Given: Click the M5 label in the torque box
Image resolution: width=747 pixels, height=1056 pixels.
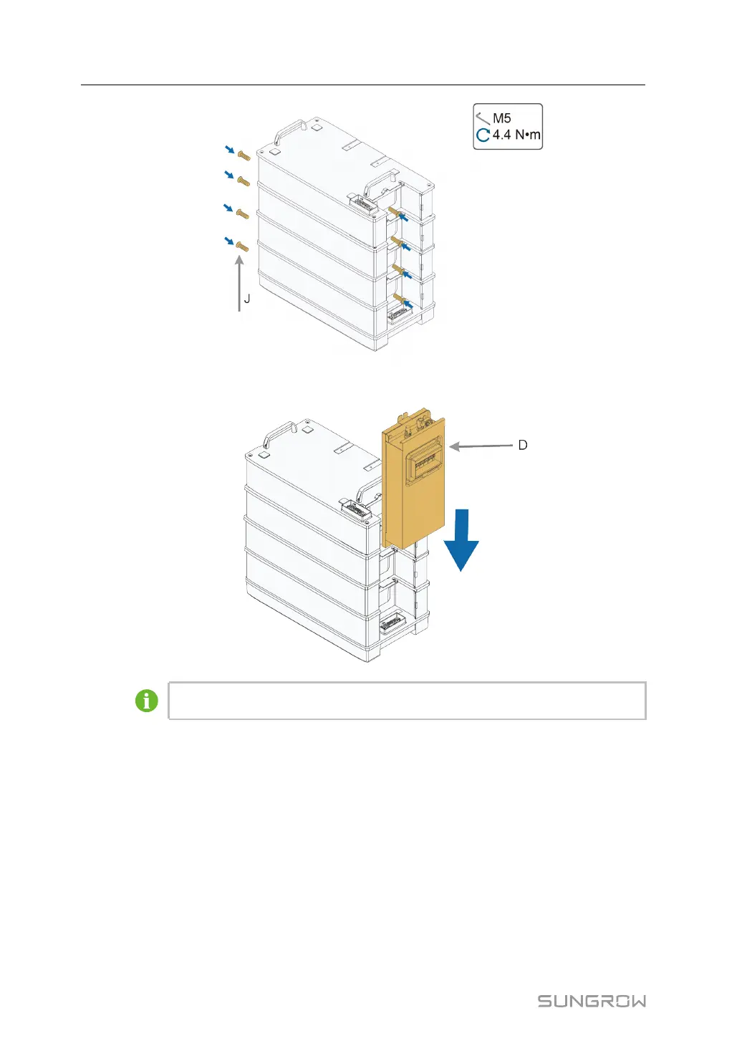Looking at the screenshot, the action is [x=502, y=118].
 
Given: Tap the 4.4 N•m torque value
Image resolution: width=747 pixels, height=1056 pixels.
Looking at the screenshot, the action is [x=516, y=135].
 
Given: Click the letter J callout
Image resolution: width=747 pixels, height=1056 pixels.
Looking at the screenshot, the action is [x=247, y=298].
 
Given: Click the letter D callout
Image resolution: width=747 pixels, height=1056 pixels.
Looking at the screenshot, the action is [x=523, y=445].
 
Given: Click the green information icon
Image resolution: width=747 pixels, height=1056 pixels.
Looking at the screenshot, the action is [x=147, y=701].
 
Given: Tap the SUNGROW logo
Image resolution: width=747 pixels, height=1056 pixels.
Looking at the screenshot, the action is [x=592, y=1001].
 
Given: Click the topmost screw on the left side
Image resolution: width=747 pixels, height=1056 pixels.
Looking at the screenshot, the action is [x=244, y=155].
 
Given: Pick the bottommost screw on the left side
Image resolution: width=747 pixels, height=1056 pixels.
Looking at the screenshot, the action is [x=242, y=247].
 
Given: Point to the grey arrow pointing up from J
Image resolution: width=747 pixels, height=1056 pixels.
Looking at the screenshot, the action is [x=239, y=283].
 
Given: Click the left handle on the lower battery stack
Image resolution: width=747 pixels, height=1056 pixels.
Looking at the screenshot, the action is [x=278, y=433].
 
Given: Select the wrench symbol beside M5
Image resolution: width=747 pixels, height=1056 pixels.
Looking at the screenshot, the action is [x=483, y=118].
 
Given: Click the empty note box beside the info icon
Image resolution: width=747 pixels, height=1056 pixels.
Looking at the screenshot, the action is [x=407, y=701].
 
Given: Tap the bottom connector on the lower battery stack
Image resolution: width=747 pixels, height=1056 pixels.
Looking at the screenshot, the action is [x=391, y=624].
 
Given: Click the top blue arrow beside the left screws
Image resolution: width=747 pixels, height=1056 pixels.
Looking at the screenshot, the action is [x=228, y=149].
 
